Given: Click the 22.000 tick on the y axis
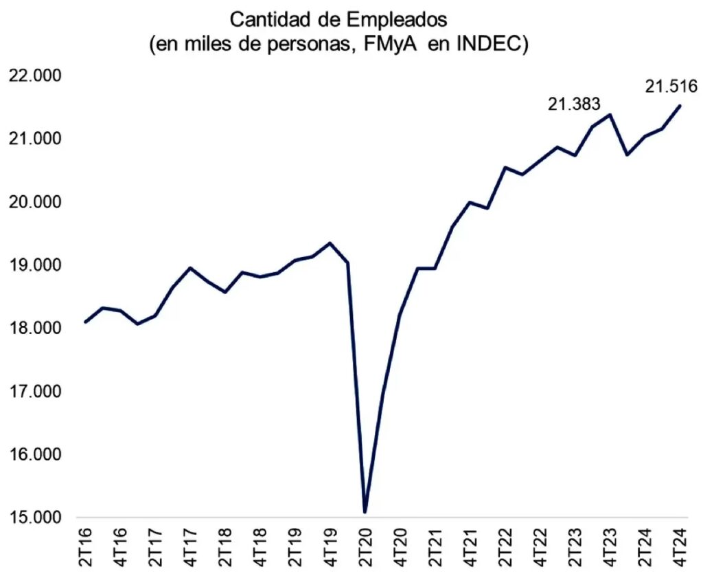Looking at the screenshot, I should pyautogui.click(x=34, y=76).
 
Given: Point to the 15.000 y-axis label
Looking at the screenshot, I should pyautogui.click(x=34, y=518).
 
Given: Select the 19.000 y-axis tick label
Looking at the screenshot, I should pyautogui.click(x=34, y=265).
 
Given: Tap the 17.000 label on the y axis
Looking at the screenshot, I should pyautogui.click(x=34, y=392).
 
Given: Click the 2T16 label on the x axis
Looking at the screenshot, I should pyautogui.click(x=86, y=547).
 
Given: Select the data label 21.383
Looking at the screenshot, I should pyautogui.click(x=573, y=104).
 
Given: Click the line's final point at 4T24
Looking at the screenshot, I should pyautogui.click(x=680, y=106).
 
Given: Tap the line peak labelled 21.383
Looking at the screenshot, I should pyautogui.click(x=610, y=114).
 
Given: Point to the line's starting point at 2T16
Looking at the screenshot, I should pyautogui.click(x=86, y=322).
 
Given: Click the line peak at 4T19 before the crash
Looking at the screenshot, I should pyautogui.click(x=330, y=243).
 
